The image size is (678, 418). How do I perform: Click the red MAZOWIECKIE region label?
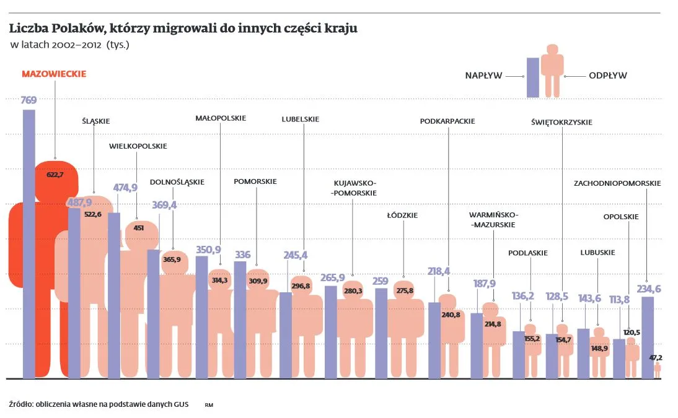tap(54, 74)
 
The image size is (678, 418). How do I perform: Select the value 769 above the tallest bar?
tap(29, 100)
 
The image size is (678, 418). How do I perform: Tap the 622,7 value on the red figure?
tap(55, 175)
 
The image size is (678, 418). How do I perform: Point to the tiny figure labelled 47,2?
tap(658, 370)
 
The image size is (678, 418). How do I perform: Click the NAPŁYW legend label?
tap(483, 76)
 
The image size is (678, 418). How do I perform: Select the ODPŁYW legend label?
tap(607, 76)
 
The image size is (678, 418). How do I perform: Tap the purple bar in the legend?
tap(532, 77)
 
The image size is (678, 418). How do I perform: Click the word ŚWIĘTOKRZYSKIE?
tap(561, 123)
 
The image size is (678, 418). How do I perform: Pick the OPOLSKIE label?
tap(620, 217)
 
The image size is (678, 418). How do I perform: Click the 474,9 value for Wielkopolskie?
tap(125, 188)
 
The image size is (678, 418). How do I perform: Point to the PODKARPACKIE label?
tap(447, 121)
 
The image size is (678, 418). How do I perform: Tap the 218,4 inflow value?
tap(438, 271)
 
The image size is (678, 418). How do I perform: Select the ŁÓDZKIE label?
tap(403, 216)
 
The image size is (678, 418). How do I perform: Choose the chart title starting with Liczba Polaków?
tap(183, 28)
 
